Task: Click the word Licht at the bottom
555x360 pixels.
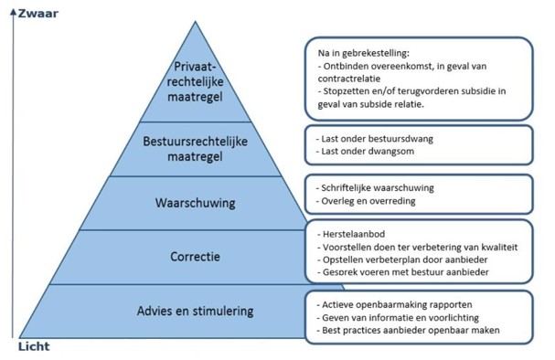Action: [x=33, y=348]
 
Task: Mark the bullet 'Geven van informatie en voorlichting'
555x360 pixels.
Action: [x=401, y=316]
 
